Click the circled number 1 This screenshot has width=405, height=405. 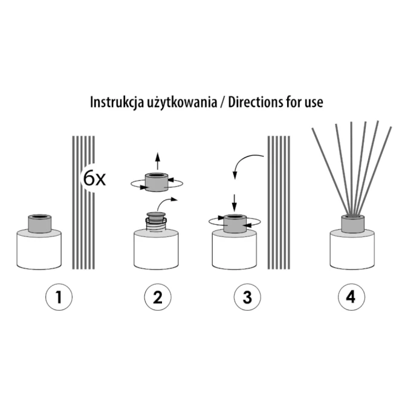(x=59, y=297)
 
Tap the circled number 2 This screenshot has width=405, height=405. (x=158, y=297)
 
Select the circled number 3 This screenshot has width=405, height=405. (x=247, y=297)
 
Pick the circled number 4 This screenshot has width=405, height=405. (x=352, y=297)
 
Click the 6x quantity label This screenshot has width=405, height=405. (x=94, y=178)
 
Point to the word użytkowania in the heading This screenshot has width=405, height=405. (x=182, y=103)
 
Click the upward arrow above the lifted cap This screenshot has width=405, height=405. (x=158, y=161)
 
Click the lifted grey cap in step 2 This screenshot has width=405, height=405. (x=157, y=182)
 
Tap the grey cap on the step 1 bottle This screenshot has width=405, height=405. (x=39, y=223)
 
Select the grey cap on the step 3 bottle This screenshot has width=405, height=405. (x=235, y=224)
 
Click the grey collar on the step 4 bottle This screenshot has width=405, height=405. (x=352, y=223)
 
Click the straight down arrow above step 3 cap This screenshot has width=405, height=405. (x=235, y=202)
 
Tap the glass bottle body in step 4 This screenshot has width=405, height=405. (x=352, y=249)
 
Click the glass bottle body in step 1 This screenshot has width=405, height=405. (x=39, y=249)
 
